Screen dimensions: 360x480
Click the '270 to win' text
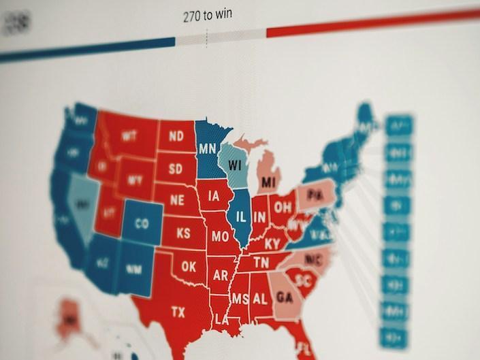(207, 16)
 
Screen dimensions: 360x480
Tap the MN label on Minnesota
(207, 148)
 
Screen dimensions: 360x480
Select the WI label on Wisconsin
(236, 165)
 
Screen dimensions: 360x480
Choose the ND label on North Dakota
(176, 136)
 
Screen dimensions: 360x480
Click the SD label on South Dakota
(176, 168)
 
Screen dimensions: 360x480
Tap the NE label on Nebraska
(177, 200)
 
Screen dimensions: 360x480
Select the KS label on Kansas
(184, 233)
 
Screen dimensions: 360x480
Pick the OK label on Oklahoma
(189, 267)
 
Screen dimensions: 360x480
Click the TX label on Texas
(178, 312)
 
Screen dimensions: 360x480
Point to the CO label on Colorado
(142, 223)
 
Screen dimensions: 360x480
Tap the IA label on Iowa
(214, 197)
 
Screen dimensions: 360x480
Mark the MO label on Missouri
(219, 237)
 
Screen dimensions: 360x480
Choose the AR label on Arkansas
(220, 276)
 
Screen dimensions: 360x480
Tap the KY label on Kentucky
(272, 243)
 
